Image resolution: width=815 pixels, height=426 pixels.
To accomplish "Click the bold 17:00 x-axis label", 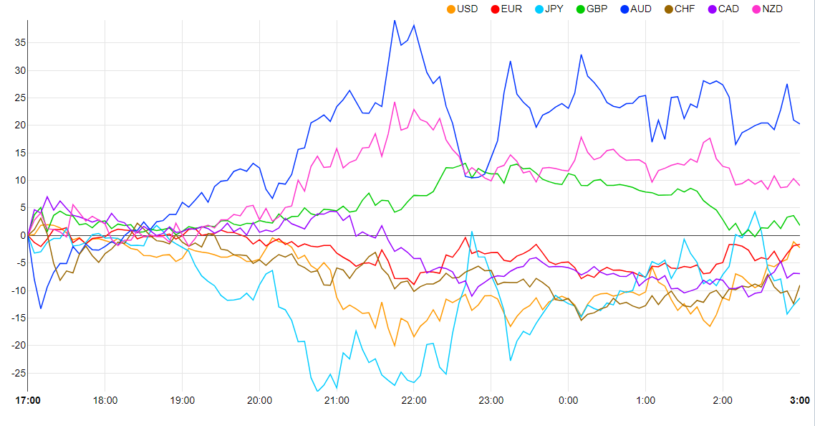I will coord(28,400).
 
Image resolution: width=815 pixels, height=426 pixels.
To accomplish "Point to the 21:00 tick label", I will coord(337,400).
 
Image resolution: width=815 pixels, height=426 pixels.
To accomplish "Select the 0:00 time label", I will coord(569,400).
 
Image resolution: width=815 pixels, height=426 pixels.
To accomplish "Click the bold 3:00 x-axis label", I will coord(800,400).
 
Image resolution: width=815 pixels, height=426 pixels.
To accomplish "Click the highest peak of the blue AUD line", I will coord(395,20).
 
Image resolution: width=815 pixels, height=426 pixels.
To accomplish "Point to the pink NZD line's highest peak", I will coord(395,102).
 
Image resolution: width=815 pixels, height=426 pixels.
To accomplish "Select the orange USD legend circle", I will coord(450,9).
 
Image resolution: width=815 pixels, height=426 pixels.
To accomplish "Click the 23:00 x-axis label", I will coord(491,400).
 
